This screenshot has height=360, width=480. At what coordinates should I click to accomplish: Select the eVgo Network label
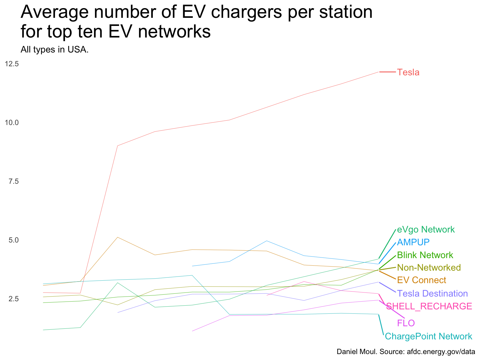coord(426,230)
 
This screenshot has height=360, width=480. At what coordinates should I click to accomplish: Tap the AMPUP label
coord(413,242)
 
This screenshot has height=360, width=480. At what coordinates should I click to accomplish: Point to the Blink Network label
coord(425,255)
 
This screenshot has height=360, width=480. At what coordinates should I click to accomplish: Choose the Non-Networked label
coord(429,267)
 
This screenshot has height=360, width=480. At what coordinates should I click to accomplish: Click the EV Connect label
coord(422,280)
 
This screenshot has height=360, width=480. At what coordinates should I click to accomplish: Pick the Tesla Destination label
coord(432,293)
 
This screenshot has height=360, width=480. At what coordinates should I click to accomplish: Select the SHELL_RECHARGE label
coord(429,306)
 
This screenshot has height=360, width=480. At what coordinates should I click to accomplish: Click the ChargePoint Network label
coord(428,337)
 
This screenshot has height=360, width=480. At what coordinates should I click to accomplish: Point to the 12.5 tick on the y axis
coord(12,64)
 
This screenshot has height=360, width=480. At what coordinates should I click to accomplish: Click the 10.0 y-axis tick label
coord(12,122)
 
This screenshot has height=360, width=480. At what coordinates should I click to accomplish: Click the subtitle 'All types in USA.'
coord(54,49)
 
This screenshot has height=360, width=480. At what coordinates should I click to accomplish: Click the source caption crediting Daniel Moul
coord(406,352)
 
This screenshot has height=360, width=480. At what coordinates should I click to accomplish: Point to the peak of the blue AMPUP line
coord(267,241)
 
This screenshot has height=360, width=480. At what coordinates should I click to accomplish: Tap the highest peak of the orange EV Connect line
coord(117,237)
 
